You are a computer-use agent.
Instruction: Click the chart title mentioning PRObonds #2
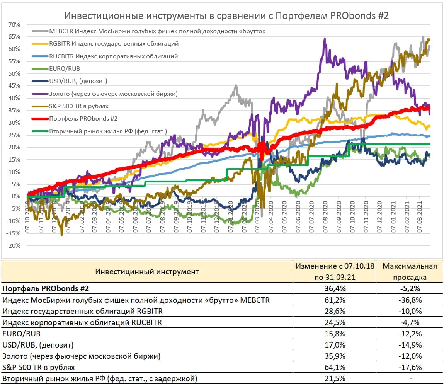coord(226,16)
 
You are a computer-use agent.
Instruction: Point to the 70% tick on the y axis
coord(14,24)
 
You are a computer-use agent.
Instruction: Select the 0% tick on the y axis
coord(16,196)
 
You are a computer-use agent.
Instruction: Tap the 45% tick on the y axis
coord(14,86)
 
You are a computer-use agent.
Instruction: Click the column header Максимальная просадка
coord(410,271)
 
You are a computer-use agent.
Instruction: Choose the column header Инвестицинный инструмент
coord(147,271)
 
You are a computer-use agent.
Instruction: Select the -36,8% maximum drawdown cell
coord(410,300)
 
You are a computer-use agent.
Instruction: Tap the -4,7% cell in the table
coord(410,322)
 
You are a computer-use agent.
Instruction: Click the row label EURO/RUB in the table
coord(22,334)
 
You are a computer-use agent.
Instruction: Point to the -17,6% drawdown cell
coord(410,367)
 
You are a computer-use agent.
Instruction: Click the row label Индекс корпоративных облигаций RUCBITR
coord(82,322)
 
